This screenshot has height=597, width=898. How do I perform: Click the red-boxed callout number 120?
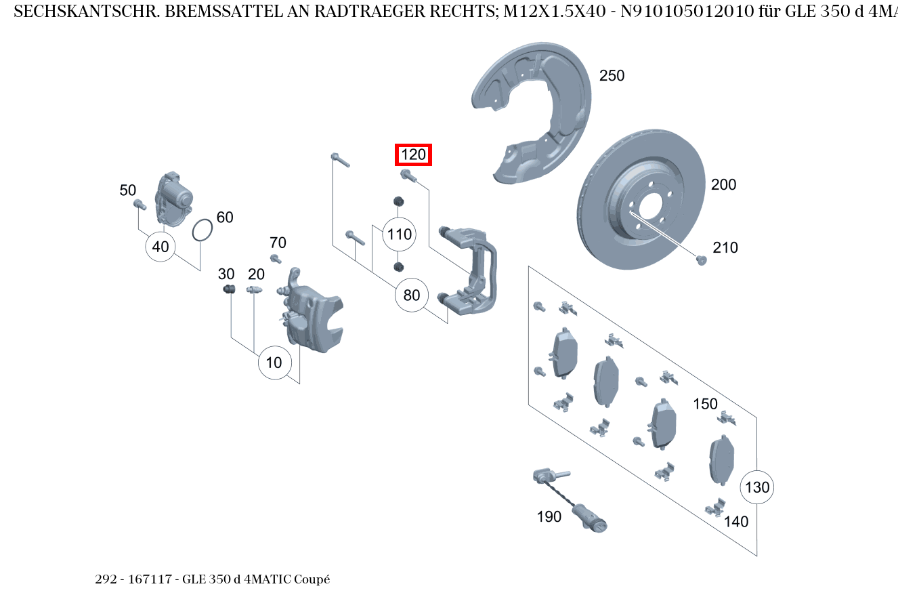(413, 155)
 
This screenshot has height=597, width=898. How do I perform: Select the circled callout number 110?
(399, 234)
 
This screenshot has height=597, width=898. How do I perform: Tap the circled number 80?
(412, 295)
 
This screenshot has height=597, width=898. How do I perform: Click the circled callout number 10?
(274, 363)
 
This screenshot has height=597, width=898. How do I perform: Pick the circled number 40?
(161, 247)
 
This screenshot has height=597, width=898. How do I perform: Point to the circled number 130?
(757, 487)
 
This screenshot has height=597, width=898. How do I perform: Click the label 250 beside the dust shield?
(612, 76)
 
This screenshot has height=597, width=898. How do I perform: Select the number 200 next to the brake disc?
(723, 184)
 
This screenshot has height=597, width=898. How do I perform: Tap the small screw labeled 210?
(702, 260)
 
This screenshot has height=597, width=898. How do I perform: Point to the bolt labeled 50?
(140, 204)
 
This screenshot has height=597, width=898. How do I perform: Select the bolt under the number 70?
(276, 258)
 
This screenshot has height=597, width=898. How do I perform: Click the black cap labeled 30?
(229, 290)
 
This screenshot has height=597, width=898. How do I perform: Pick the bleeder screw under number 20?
(254, 291)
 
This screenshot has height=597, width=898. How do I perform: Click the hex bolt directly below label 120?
(407, 176)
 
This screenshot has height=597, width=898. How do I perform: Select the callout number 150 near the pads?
(705, 404)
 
